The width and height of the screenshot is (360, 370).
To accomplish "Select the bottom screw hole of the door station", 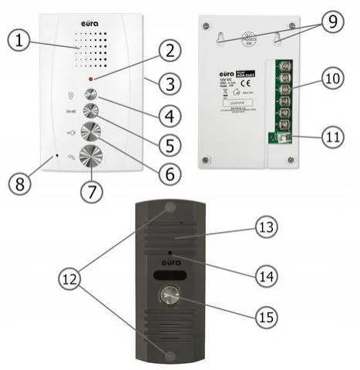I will tap(168, 355).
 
